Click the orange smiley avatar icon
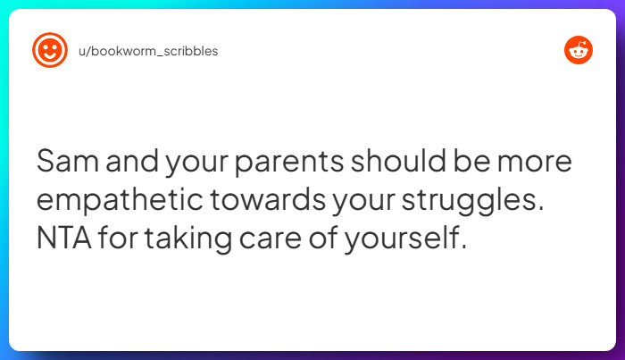point(49,51)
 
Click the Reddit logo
point(579,51)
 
